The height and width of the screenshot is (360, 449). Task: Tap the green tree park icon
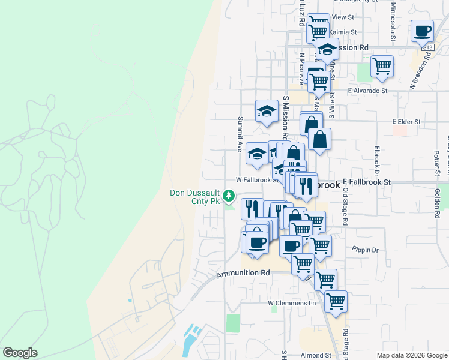229,196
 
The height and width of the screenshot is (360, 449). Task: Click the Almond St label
312,355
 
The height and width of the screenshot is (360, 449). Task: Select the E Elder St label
407,121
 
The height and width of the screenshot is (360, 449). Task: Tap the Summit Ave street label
240,133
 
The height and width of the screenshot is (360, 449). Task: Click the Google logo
20,353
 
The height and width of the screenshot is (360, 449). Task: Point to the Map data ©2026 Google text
412,355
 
